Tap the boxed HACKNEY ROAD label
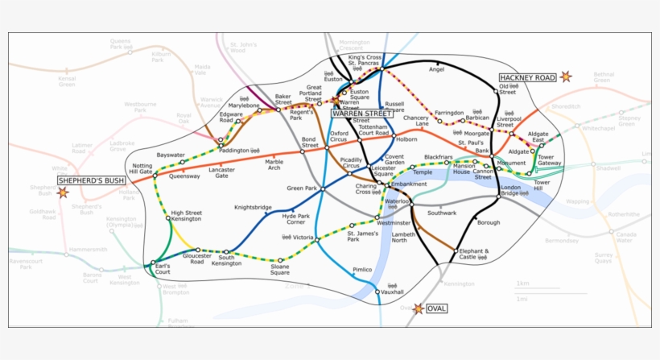[527, 77]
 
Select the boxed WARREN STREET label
[361, 114]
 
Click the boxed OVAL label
[437, 308]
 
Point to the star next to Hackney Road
[566, 77]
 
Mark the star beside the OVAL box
[418, 308]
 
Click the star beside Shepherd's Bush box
[63, 193]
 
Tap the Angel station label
[436, 70]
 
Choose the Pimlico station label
[362, 270]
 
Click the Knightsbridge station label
[253, 207]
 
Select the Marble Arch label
[274, 164]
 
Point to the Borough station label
[489, 222]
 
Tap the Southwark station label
[442, 213]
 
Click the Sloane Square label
[280, 269]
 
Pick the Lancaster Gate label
[221, 173]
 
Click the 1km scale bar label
[523, 283]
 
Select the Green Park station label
[303, 188]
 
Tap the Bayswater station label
[171, 155]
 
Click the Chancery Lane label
[416, 122]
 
